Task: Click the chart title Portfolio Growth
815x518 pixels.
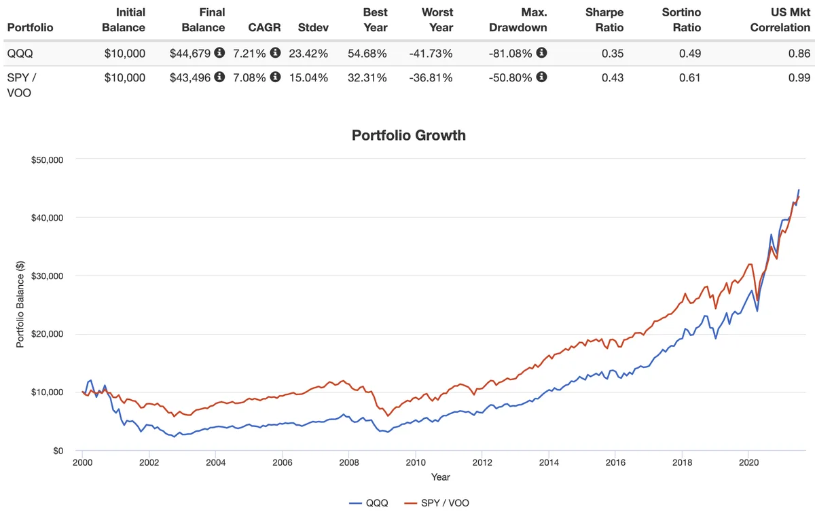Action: click(408, 135)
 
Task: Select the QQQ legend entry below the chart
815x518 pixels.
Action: click(372, 503)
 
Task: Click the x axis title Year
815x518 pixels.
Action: click(440, 477)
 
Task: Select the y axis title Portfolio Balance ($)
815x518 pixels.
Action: click(20, 305)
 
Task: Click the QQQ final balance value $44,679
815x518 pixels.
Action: click(191, 53)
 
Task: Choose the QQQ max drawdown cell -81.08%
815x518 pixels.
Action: click(511, 53)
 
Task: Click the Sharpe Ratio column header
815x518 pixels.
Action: click(604, 20)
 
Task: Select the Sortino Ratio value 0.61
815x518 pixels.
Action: click(691, 77)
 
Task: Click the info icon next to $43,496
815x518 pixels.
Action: click(219, 77)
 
